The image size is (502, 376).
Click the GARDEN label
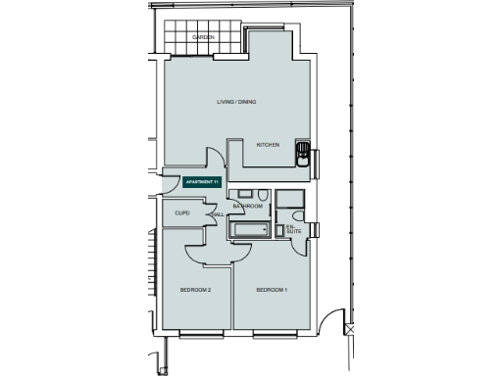pos(203,37)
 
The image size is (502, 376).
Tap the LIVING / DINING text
pos(236,102)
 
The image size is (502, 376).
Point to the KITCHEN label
pos(269,145)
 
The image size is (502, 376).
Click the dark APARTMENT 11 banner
pos(203,182)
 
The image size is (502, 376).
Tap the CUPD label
pos(181,212)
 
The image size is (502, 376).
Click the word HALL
pos(218,214)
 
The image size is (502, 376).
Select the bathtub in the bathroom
pos(251,230)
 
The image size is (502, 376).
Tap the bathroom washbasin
pos(245,193)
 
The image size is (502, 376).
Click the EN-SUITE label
pos(292,229)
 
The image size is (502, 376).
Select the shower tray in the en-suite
pos(289,199)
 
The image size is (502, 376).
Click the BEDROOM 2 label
pos(196,291)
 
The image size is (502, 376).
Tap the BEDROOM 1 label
pos(272,291)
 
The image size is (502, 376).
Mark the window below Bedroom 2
pos(200,334)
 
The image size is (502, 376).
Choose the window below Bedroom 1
pos(275,334)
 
